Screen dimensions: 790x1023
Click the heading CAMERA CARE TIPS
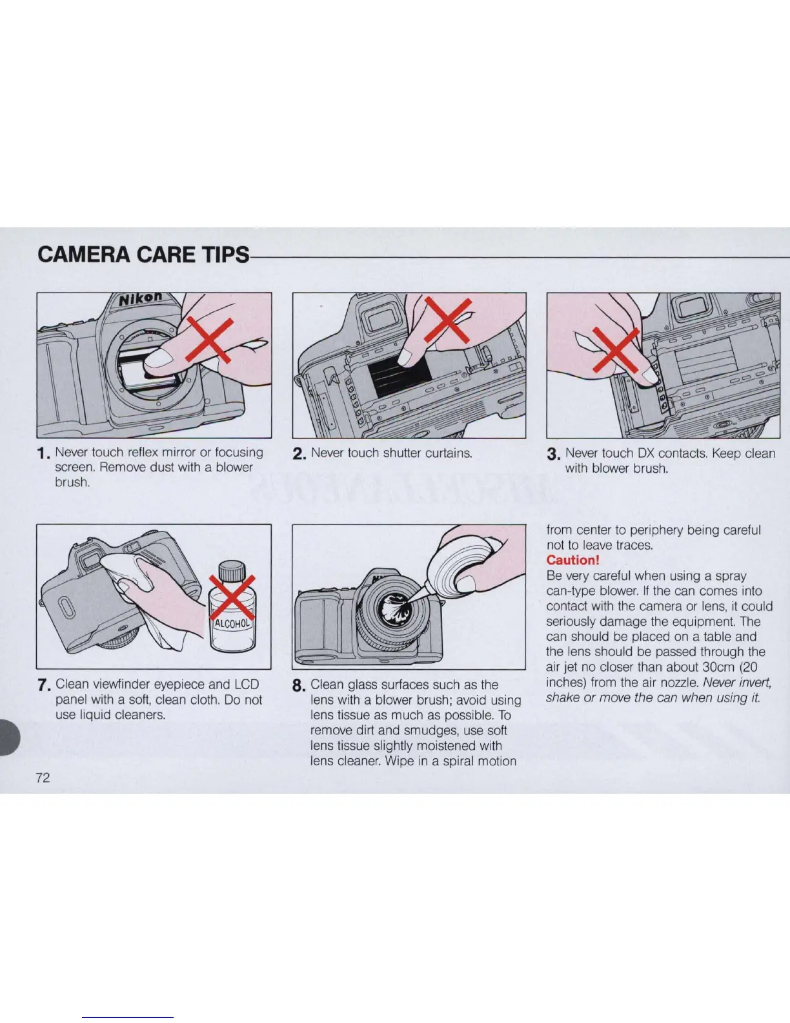click(143, 254)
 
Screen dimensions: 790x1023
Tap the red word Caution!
click(572, 560)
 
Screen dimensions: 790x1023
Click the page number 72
click(43, 777)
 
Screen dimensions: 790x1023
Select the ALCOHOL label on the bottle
click(233, 624)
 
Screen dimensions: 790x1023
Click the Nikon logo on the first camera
click(140, 298)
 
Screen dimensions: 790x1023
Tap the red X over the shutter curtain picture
click(447, 320)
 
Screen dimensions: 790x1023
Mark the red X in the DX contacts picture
click(616, 350)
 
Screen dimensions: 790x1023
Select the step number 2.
click(299, 454)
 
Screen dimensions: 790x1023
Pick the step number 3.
click(553, 454)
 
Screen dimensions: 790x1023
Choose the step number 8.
click(299, 685)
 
